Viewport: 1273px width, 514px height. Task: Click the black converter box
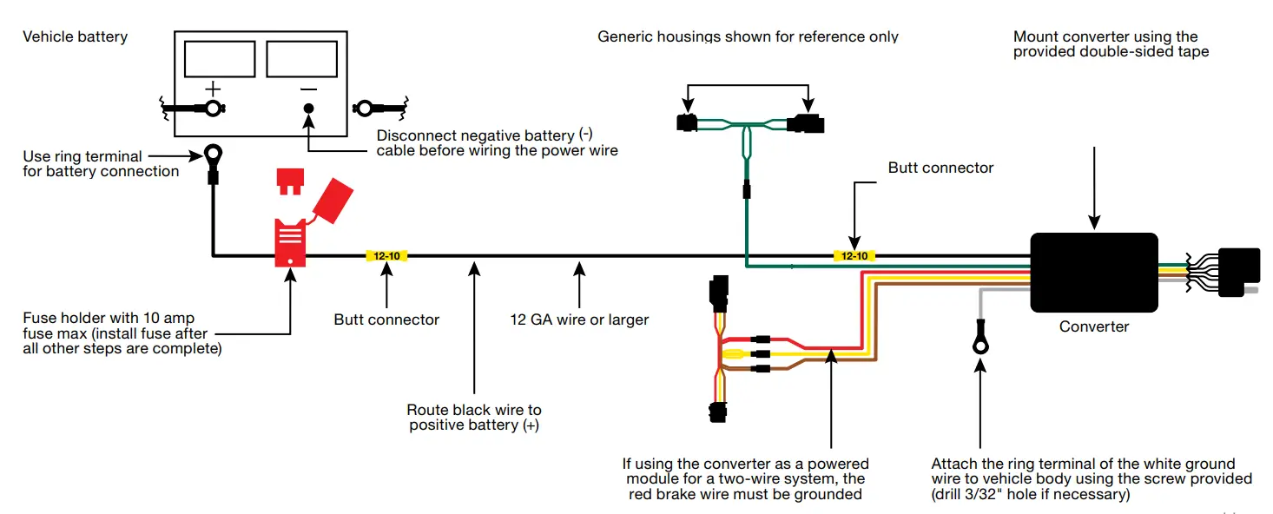[x=1093, y=272]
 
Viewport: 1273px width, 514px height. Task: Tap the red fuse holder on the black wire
[x=290, y=242]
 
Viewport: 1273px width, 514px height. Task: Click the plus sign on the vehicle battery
[x=213, y=89]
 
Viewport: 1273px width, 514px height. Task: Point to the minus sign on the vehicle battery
[x=308, y=89]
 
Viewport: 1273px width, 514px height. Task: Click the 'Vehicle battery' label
[x=75, y=36]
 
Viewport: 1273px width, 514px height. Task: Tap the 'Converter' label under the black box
[x=1093, y=326]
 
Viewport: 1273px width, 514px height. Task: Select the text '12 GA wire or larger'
[x=579, y=320]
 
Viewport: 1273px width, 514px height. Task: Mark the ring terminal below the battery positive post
[x=212, y=157]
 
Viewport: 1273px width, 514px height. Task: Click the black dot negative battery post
[x=308, y=109]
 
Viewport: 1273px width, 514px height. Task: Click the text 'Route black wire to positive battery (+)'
[x=474, y=417]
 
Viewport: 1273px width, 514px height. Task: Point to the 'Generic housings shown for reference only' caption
[x=748, y=36]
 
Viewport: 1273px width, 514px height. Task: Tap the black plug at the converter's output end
[x=1239, y=272]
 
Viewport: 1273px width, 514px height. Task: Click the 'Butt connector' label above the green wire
[x=940, y=168]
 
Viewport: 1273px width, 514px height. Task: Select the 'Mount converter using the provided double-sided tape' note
[x=1111, y=44]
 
